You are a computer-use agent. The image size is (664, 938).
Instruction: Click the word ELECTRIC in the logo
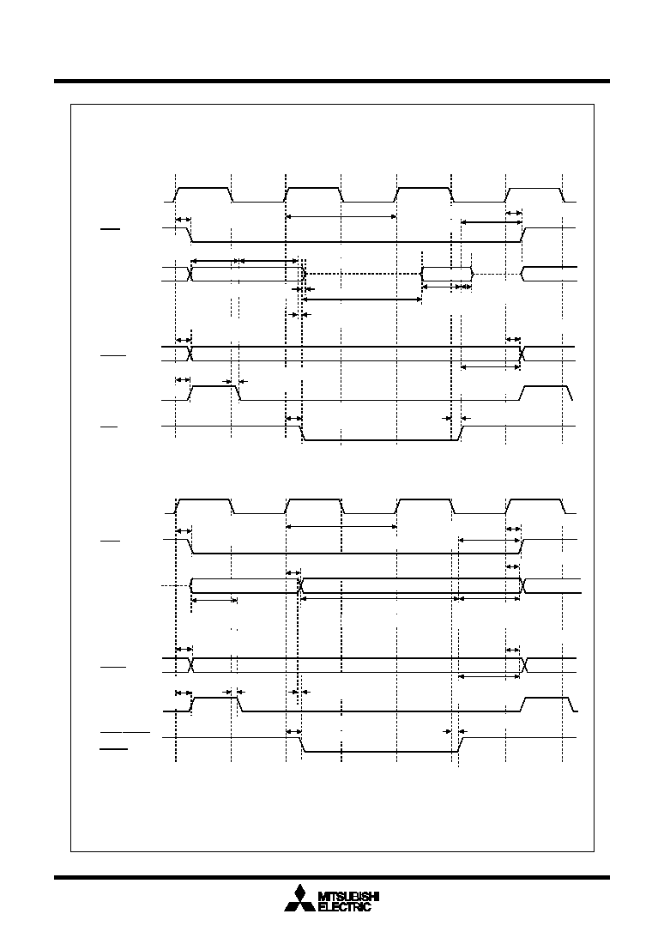pos(345,907)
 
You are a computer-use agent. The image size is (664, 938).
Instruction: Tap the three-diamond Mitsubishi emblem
pos(299,898)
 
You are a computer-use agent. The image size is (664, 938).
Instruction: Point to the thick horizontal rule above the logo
pos(332,878)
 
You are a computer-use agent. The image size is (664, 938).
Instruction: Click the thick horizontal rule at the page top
pos(332,81)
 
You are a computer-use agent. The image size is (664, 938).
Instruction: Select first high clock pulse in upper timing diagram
pos(203,195)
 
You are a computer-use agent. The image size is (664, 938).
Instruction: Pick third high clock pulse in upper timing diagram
pos(424,195)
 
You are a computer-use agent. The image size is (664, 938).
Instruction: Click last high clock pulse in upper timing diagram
pos(534,195)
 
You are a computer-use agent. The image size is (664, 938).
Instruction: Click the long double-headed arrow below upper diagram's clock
pos(341,216)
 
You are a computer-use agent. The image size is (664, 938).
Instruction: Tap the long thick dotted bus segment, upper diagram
pos(364,274)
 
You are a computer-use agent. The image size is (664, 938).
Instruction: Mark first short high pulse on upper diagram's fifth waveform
pos(214,392)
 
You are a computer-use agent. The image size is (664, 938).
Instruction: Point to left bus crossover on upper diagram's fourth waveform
pos(190,354)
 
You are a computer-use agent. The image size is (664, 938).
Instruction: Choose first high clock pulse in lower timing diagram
pos(204,506)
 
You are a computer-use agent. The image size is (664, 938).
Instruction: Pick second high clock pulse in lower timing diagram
pos(314,506)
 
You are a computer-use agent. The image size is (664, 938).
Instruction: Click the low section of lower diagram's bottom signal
pos(380,752)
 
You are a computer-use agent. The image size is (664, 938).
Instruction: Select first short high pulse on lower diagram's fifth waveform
pos(215,704)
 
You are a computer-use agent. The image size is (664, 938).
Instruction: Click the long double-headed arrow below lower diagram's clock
pos(341,526)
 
